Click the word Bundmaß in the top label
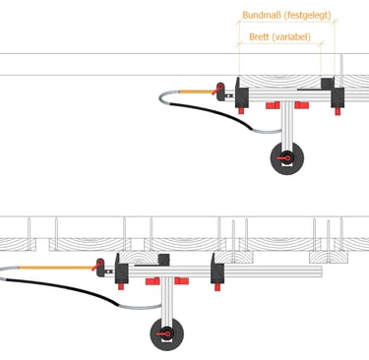click(261, 15)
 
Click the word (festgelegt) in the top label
click(307, 16)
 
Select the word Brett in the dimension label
click(259, 36)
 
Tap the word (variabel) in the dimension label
click(291, 36)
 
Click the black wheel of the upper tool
click(287, 158)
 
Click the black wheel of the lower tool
click(167, 334)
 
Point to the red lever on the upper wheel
click(283, 158)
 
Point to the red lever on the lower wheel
click(163, 334)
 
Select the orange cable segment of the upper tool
click(196, 91)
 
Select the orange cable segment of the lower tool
click(56, 268)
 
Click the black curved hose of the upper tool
click(214, 113)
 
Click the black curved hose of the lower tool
click(62, 288)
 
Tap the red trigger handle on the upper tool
click(218, 89)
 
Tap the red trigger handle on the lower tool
click(98, 265)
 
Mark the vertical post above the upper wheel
click(287, 123)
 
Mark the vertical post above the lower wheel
click(167, 298)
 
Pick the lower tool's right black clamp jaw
click(217, 269)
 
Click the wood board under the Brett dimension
click(279, 82)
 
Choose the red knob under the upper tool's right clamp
click(338, 111)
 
